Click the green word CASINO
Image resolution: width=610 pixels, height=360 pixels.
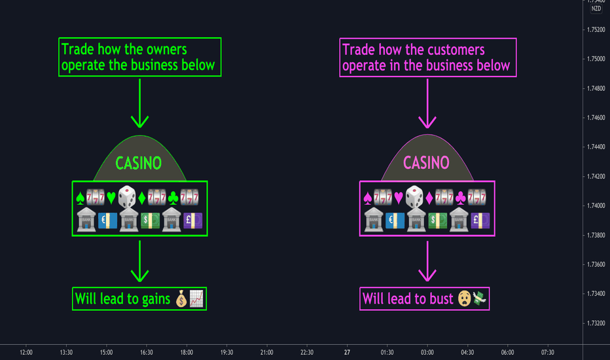tap(139, 163)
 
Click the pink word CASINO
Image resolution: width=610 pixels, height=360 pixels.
tap(426, 163)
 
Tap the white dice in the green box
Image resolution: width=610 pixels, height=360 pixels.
tap(127, 197)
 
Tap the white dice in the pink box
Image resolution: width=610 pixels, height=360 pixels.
tap(414, 197)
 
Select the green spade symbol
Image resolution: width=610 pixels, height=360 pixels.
tap(80, 198)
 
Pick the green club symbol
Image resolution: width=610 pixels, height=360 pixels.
tap(173, 198)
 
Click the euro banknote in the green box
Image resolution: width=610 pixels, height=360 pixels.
tap(107, 221)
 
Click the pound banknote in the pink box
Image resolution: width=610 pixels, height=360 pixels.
tap(480, 221)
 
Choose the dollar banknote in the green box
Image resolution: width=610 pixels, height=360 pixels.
tap(150, 221)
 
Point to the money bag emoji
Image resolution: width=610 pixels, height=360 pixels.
tap(181, 299)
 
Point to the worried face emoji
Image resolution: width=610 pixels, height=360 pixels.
tap(464, 299)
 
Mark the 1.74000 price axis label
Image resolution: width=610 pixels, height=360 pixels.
tap(596, 206)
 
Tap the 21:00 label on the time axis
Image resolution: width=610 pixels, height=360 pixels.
tap(266, 352)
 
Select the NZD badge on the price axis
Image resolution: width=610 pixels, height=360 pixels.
tap(596, 9)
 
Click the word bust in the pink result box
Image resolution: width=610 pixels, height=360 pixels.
tap(442, 299)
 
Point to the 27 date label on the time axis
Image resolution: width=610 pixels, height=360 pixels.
tap(347, 352)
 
